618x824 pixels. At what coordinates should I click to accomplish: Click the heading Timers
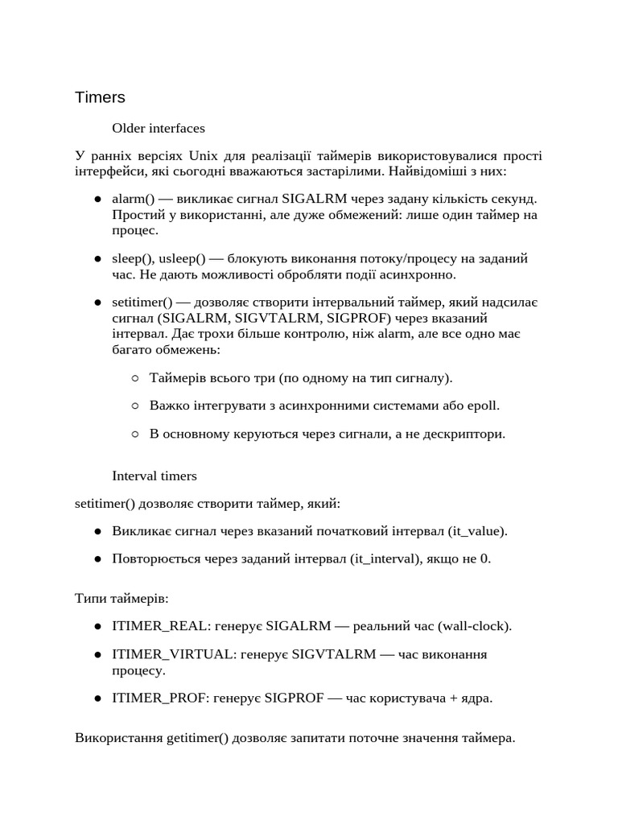point(100,97)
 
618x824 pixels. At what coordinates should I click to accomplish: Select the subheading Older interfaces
point(159,128)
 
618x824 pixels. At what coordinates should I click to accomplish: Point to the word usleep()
point(182,258)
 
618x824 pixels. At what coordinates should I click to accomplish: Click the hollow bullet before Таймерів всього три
point(134,377)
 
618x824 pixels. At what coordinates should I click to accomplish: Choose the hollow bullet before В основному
point(134,434)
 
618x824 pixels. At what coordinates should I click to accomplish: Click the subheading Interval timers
point(154,476)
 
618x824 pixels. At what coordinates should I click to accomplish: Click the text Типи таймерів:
point(122,599)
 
